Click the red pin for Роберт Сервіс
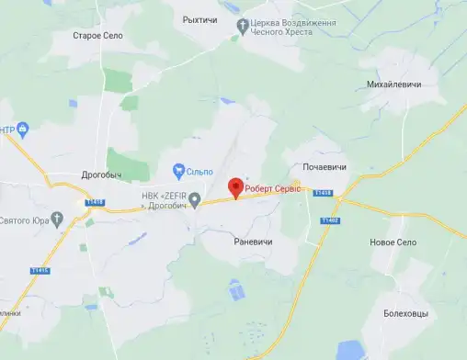[x=235, y=186]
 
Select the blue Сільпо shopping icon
[x=178, y=170]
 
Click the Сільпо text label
[x=199, y=170]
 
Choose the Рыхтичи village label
[x=199, y=18]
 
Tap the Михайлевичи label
[x=393, y=84]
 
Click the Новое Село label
[x=393, y=242]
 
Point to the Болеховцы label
[x=406, y=313]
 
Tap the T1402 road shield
[x=331, y=220]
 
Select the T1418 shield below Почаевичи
[x=322, y=193]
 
